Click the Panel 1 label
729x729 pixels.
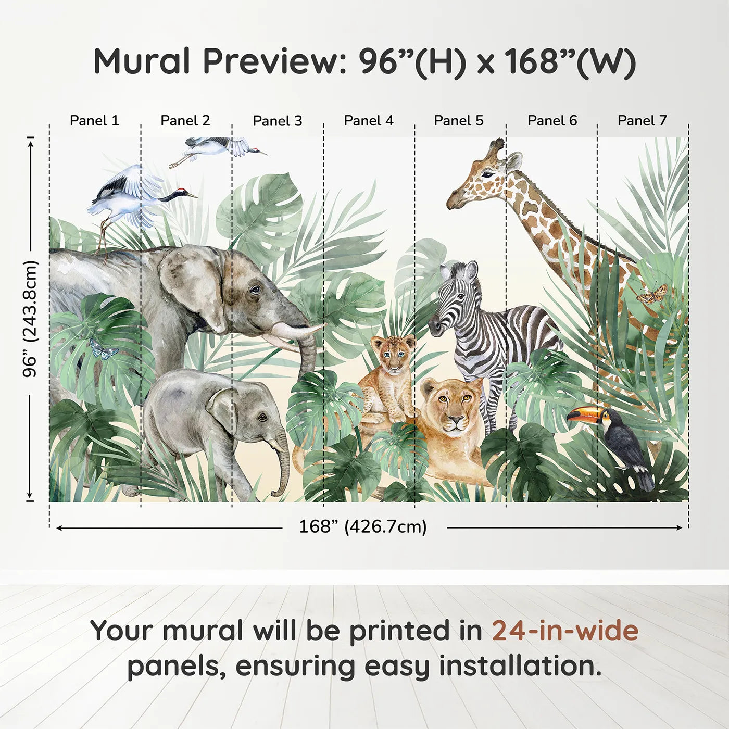[x=94, y=121]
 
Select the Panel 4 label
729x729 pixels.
[x=369, y=121]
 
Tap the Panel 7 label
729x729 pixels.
[x=642, y=121]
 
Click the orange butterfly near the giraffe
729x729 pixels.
[x=651, y=294]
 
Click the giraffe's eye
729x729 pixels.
[x=488, y=175]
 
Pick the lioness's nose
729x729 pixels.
[x=456, y=419]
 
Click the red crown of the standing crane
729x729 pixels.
[x=180, y=190]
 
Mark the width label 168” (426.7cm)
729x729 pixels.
[x=363, y=526]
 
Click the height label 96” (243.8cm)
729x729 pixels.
[x=30, y=319]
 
